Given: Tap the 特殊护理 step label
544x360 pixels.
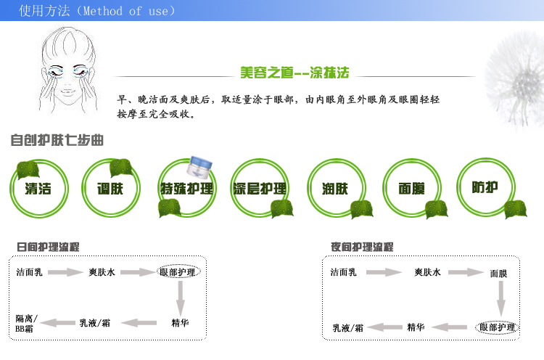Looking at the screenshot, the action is [186, 189].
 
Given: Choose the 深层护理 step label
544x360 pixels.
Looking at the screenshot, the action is [260, 189].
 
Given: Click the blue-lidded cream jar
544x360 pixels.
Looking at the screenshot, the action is [199, 166].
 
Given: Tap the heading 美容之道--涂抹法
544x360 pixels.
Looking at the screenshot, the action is [294, 73].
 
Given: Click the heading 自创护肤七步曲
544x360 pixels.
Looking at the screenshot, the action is [57, 140].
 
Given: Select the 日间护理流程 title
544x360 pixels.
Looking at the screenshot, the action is [48, 247].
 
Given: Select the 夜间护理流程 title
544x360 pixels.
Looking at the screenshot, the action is [362, 247].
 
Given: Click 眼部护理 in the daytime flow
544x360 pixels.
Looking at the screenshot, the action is [178, 272].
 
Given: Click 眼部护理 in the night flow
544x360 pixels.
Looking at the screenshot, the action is [497, 327].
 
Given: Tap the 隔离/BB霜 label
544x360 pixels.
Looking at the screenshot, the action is [26, 323].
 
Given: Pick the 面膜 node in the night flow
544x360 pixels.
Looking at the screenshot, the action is [498, 274].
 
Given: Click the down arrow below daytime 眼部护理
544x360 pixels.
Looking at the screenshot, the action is [180, 298].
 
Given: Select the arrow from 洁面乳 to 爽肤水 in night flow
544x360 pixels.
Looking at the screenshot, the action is [384, 272].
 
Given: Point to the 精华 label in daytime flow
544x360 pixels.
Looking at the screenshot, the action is [180, 323].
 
